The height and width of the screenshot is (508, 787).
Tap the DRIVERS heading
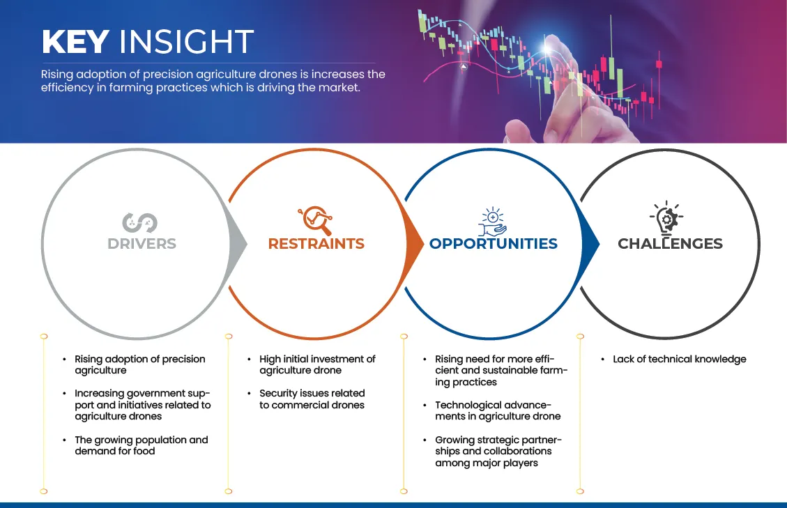click(142, 243)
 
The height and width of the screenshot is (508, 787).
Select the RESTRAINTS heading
click(316, 243)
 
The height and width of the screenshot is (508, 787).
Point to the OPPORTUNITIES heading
click(494, 243)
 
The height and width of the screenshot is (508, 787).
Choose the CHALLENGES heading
click(670, 243)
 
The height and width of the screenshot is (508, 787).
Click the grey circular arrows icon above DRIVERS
click(139, 223)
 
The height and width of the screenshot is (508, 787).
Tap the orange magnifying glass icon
click(315, 220)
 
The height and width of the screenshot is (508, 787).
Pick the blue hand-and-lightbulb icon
click(492, 222)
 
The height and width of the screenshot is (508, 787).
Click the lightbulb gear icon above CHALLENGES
click(666, 217)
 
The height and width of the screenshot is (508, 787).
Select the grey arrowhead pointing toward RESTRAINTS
click(238, 244)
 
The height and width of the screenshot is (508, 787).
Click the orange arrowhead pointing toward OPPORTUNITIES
click(415, 244)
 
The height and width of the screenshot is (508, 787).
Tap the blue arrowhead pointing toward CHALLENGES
click(590, 244)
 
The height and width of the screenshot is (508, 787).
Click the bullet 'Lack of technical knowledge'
click(679, 359)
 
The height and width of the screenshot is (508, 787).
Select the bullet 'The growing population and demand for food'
click(141, 445)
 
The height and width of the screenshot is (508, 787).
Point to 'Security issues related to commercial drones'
click(312, 399)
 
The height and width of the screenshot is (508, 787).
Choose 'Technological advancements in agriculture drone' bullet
click(498, 410)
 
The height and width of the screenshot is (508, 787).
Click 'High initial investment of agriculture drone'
click(317, 364)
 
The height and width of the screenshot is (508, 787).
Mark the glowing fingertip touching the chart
click(549, 47)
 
